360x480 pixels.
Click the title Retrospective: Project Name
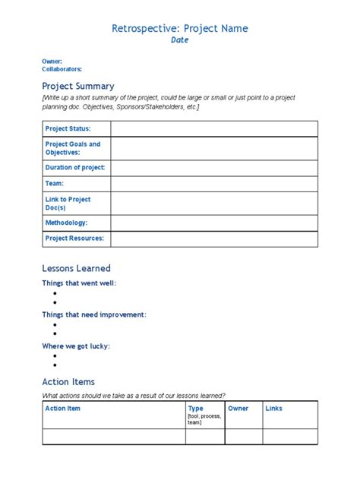pos(180,28)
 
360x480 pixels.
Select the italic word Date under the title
pos(179,41)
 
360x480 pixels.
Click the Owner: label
pos(52,62)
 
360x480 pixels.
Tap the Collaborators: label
pos(62,69)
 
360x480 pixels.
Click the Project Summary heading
pos(78,86)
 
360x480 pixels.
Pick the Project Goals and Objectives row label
pos(73,148)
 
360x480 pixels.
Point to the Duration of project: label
pos(75,167)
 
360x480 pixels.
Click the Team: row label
pos(55,184)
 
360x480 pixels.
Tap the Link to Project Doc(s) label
pos(68,204)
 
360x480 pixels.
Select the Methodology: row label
pos(66,223)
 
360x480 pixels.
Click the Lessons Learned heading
pos(76,268)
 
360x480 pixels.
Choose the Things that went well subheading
pos(79,283)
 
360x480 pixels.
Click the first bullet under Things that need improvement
pos(55,324)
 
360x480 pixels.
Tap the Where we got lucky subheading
pos(76,346)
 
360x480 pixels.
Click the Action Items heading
pos(68,382)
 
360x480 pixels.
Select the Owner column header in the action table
pos(238,409)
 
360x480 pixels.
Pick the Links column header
pos(273,409)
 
